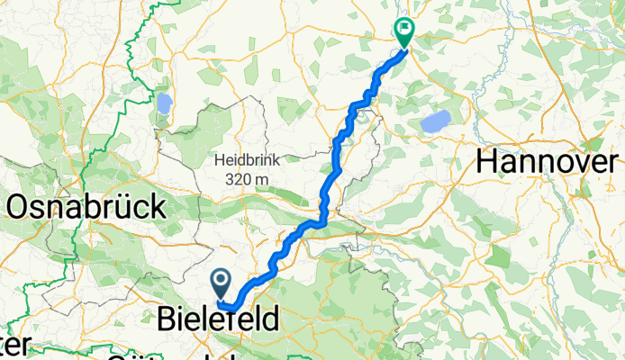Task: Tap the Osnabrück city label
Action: [x=86, y=208]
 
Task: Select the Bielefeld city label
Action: [x=218, y=319]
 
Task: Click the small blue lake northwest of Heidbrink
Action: [x=164, y=103]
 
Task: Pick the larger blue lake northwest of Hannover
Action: [x=437, y=121]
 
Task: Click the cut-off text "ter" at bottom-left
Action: [x=16, y=346]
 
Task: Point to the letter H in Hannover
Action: [x=487, y=162]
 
